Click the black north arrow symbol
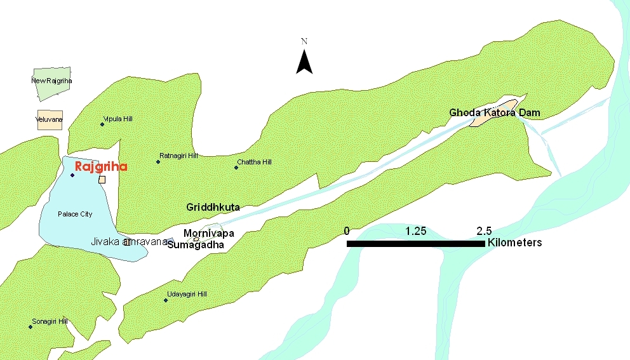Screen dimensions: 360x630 304,62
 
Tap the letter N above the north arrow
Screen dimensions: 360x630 304,42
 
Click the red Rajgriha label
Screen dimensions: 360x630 101,167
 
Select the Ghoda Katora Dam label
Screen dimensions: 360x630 495,113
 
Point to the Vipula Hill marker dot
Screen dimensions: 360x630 102,124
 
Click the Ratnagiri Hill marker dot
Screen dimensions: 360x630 158,161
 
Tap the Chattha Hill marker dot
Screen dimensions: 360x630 236,168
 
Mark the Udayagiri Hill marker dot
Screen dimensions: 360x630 166,300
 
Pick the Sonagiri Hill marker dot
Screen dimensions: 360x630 30,327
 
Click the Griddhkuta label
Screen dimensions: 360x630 213,208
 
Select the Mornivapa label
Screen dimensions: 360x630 209,234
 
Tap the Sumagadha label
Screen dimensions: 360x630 196,244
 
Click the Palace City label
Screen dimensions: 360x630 75,214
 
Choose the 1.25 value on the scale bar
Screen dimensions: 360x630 416,230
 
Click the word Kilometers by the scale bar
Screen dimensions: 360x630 514,243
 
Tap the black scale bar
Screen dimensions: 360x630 415,243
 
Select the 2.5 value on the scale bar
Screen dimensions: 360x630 484,230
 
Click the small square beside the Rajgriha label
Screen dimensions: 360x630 102,180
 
